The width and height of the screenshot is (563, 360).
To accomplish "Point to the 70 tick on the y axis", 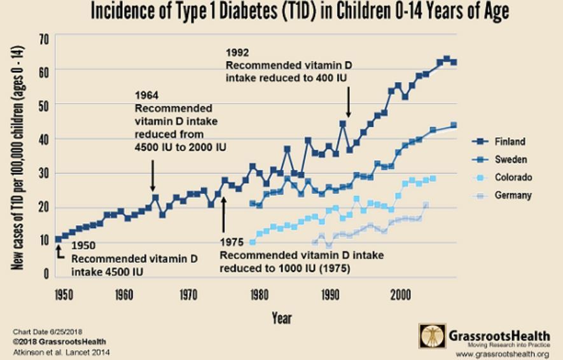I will point(44,39).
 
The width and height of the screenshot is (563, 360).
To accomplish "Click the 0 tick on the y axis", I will point(46,274).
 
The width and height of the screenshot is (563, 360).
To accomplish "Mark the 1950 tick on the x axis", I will point(62,295).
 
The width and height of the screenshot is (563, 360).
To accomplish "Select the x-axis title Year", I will point(282,318).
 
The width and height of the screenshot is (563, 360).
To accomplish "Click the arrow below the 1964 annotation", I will point(153,174).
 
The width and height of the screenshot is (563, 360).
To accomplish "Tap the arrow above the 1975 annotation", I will point(223,215).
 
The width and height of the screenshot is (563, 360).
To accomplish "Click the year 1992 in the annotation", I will point(237,52).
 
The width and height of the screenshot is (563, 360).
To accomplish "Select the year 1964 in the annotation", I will point(146,95).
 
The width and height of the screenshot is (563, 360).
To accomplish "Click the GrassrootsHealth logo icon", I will point(431,336).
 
